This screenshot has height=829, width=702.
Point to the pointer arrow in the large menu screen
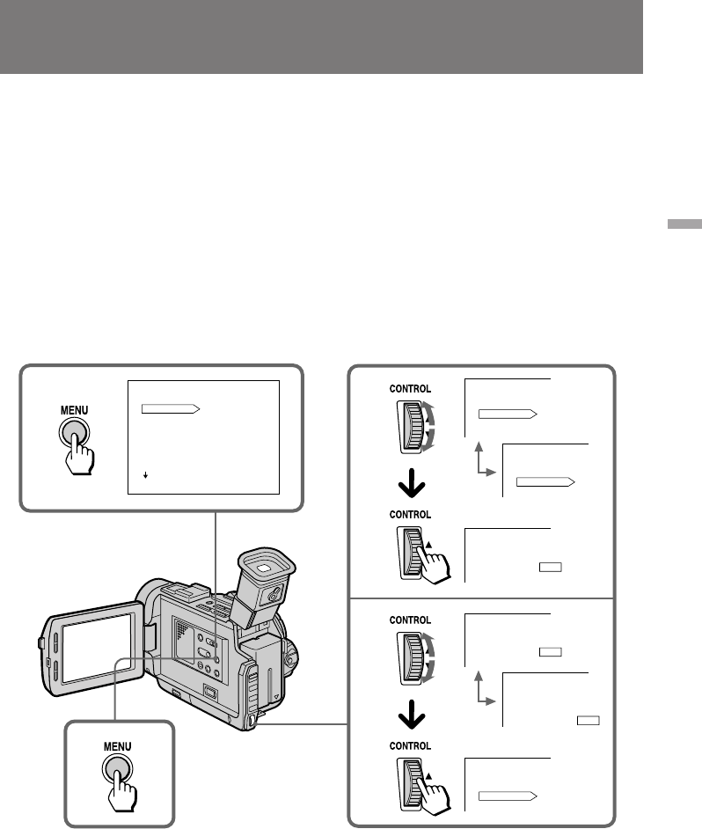pyautogui.click(x=171, y=409)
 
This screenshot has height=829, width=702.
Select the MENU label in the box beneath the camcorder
pyautogui.click(x=117, y=745)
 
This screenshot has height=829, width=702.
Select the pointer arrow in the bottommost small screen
pyautogui.click(x=508, y=796)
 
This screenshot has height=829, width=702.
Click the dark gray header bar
pyautogui.click(x=321, y=37)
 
